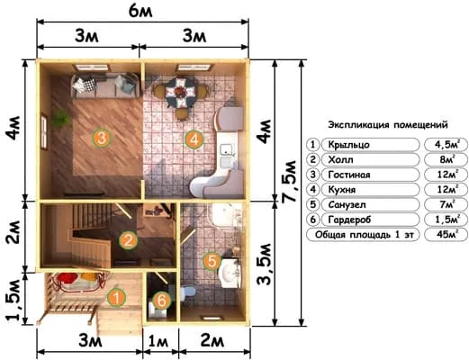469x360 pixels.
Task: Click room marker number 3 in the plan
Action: [x=101, y=137]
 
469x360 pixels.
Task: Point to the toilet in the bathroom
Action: [x=188, y=294]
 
